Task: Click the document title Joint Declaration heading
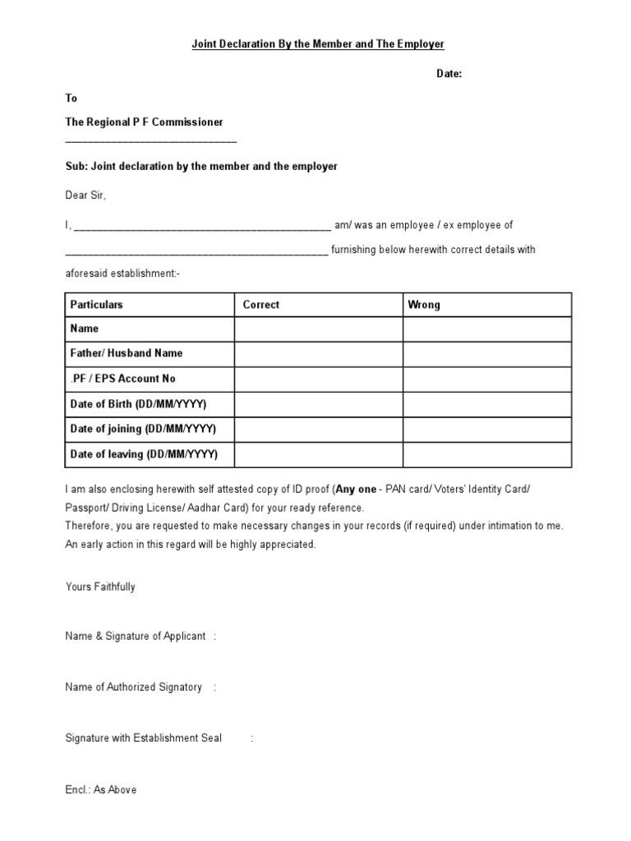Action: point(318,44)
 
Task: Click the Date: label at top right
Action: point(449,74)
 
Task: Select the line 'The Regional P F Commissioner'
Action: point(144,122)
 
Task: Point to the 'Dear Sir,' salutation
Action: point(85,195)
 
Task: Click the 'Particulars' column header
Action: point(96,305)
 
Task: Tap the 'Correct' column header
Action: point(261,305)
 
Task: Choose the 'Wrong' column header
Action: point(424,305)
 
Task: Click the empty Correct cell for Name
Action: point(318,329)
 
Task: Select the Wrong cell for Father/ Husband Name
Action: point(486,354)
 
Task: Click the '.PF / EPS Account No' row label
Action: point(122,379)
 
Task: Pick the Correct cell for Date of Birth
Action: point(318,404)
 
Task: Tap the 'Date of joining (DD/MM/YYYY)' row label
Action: point(143,429)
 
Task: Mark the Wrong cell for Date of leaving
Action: point(486,454)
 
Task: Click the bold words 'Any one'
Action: point(355,489)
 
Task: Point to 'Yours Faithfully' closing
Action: point(100,587)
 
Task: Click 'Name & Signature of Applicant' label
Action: point(136,636)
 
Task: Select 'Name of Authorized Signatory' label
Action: point(133,687)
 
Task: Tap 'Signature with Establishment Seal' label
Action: point(143,738)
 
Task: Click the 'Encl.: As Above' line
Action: point(101,789)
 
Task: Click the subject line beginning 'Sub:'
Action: point(201,166)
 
